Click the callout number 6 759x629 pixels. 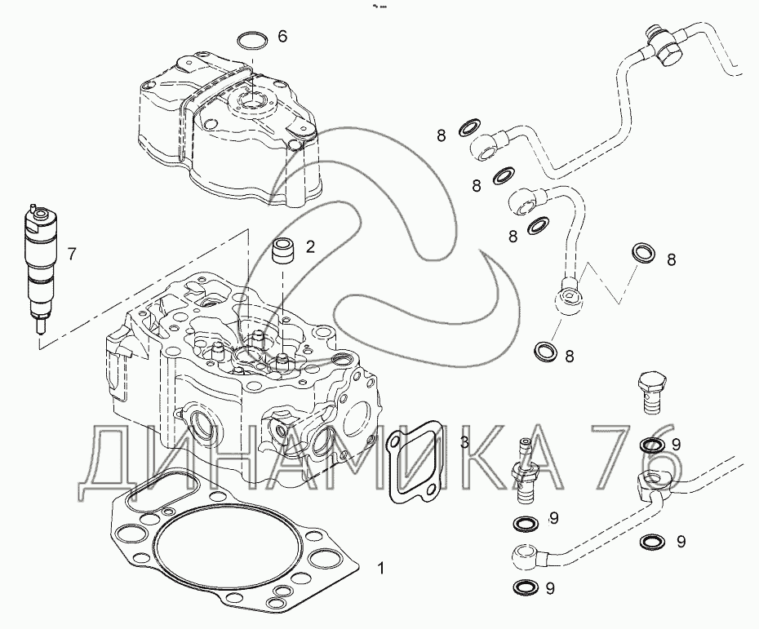(282, 36)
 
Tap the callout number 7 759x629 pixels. (72, 254)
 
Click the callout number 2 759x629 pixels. (310, 246)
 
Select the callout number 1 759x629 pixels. (381, 568)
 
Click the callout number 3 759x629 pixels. (464, 441)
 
